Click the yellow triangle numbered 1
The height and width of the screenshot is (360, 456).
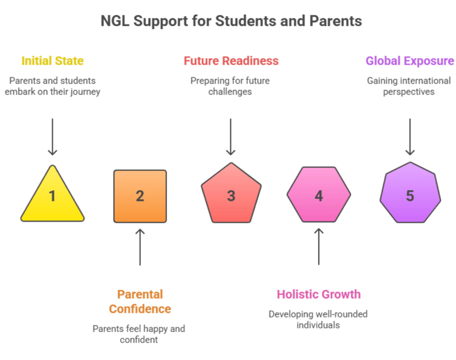pos(52,198)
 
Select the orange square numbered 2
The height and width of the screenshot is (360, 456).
pos(140,197)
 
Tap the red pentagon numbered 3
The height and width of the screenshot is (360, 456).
pos(231,194)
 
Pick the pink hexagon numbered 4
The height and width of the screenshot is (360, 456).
pos(319,194)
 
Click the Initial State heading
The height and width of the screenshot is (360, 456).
pos(53,61)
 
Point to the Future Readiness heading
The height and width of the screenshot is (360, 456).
pos(231,61)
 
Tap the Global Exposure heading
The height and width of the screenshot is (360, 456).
pos(410,61)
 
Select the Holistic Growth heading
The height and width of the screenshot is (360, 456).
pos(319,294)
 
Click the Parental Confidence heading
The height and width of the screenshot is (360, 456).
pos(140,302)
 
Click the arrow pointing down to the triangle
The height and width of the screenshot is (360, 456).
pos(52,137)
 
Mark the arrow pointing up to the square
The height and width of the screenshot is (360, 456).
pos(140,247)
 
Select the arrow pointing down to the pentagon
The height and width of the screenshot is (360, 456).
pos(230,137)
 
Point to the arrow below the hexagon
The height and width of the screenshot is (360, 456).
pos(319,247)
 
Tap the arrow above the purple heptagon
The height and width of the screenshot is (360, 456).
pos(410,137)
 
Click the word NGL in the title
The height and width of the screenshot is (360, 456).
pos(115,21)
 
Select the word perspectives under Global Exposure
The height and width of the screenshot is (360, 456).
pos(408,92)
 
